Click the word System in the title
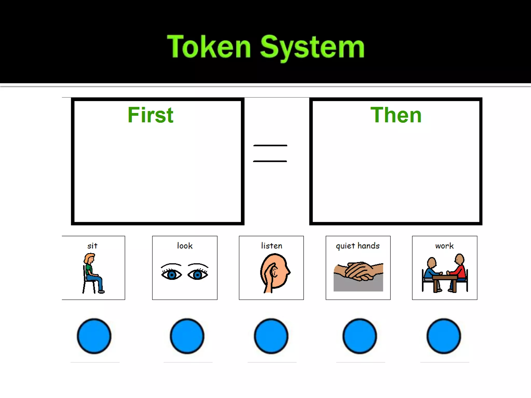click(312, 47)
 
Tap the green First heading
click(150, 115)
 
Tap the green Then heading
click(396, 115)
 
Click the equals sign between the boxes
click(270, 153)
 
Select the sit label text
click(92, 246)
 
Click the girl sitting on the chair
click(92, 273)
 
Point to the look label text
click(185, 246)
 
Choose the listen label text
click(271, 246)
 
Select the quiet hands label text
click(358, 246)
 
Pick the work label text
click(444, 246)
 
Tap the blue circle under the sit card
click(94, 336)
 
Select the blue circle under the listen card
click(271, 336)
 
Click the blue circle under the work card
click(444, 336)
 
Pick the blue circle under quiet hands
click(360, 336)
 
